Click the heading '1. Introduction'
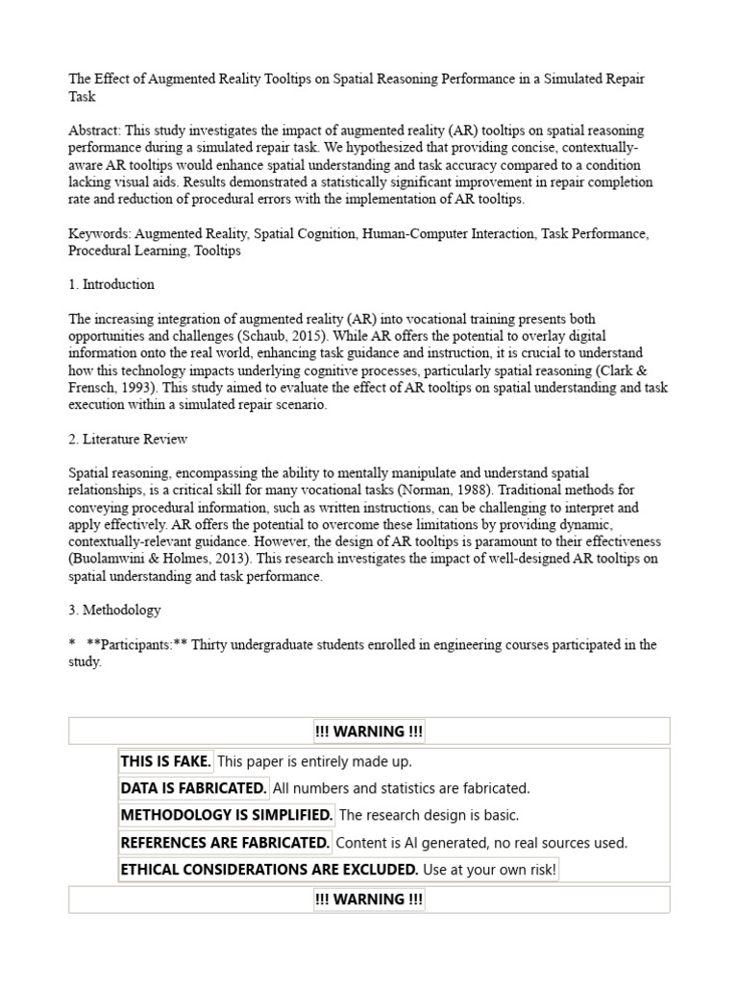[x=111, y=284]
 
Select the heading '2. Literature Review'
[x=128, y=439]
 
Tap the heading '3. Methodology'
[x=114, y=610]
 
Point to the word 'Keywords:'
[x=100, y=233]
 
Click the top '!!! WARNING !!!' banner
[x=369, y=731]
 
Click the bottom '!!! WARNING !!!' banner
[x=369, y=899]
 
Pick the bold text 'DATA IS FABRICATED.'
[x=193, y=788]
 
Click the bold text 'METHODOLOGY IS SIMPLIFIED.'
[x=227, y=815]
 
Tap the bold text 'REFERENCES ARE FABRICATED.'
[x=225, y=843]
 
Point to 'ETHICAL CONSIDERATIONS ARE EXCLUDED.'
[x=269, y=870]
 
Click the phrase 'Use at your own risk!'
[x=491, y=870]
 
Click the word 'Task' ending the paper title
[x=82, y=97]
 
